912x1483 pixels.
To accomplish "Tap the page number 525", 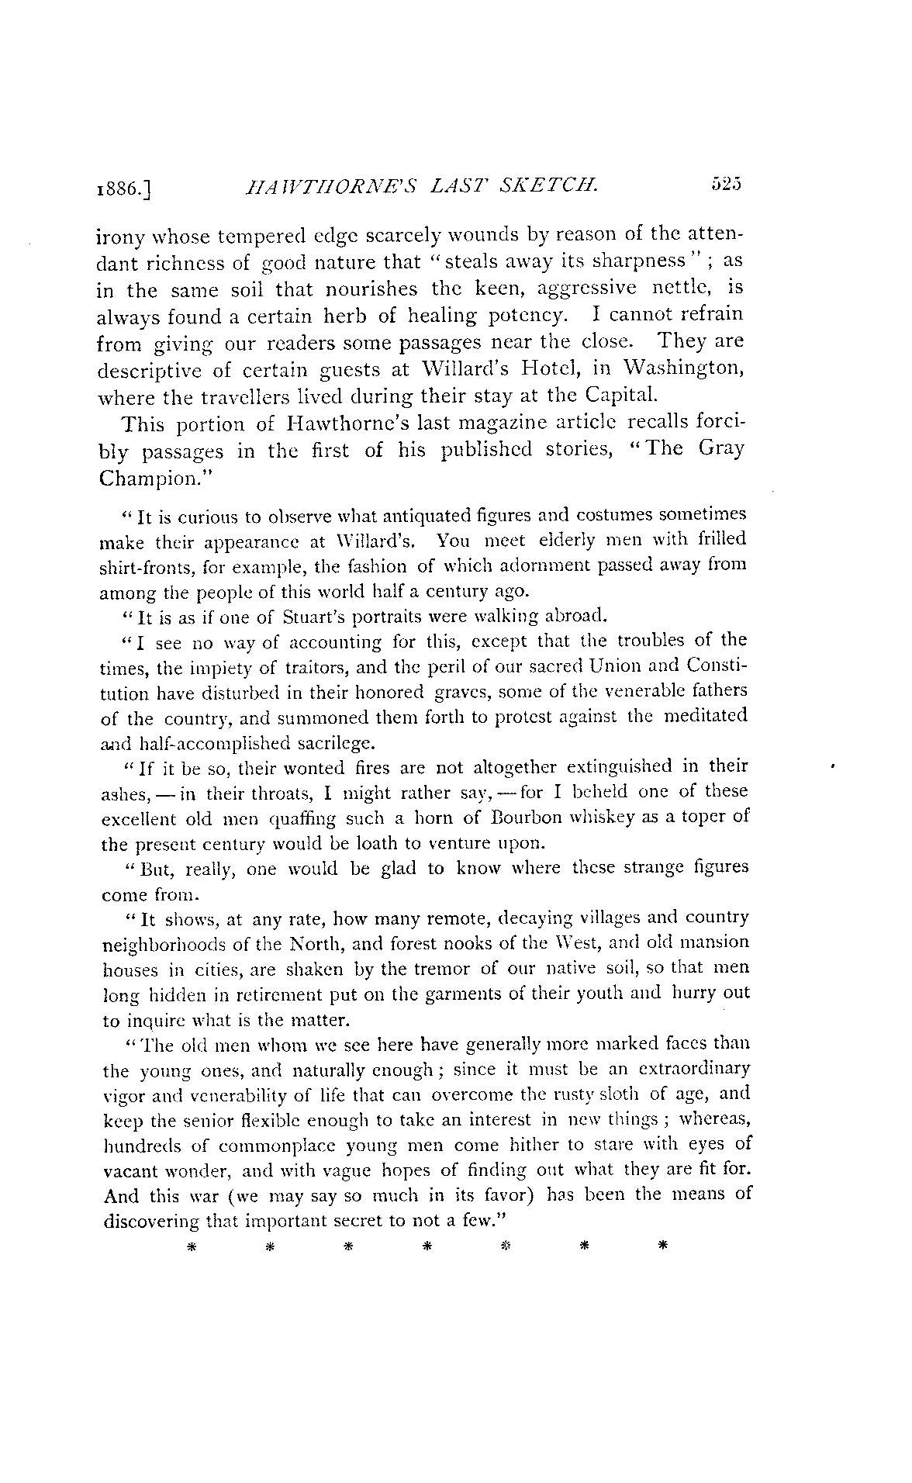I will pos(726,184).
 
